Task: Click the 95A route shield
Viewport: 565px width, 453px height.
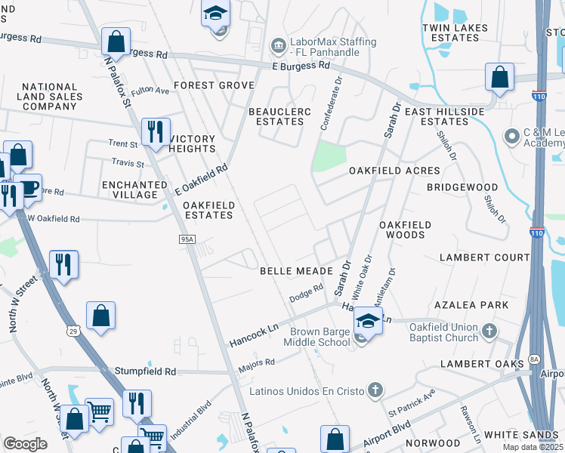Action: click(188, 239)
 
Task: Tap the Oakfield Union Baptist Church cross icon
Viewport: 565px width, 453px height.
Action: click(489, 331)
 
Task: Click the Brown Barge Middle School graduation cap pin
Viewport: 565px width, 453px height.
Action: click(367, 322)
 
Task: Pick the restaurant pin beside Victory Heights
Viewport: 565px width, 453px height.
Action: click(156, 132)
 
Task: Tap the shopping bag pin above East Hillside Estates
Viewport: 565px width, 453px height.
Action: click(499, 76)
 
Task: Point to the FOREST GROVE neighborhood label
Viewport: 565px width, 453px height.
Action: click(214, 85)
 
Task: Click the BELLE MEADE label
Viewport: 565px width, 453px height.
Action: click(297, 270)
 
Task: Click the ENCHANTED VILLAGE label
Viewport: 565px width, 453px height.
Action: click(136, 190)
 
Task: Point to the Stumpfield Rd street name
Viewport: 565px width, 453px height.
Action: click(145, 371)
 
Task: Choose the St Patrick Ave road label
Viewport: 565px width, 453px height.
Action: click(412, 402)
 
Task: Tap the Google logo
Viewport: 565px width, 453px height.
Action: click(26, 443)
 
